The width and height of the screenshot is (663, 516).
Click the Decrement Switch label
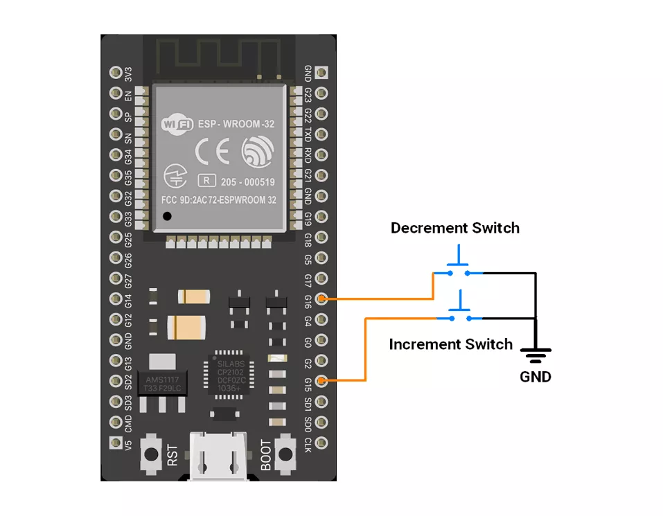pos(454,228)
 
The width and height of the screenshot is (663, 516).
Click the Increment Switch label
pos(450,344)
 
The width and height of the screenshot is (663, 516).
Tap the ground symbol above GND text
pos(536,355)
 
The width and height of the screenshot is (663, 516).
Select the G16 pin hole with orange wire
pos(321,299)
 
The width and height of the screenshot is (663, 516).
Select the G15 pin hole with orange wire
pos(321,381)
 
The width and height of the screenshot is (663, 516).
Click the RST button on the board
pos(150,454)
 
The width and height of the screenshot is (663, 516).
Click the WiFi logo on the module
pos(177,125)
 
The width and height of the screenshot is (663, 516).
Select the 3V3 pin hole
pos(116,73)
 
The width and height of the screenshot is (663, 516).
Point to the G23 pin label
pos(308,93)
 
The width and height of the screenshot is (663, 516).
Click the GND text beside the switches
pos(536,377)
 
